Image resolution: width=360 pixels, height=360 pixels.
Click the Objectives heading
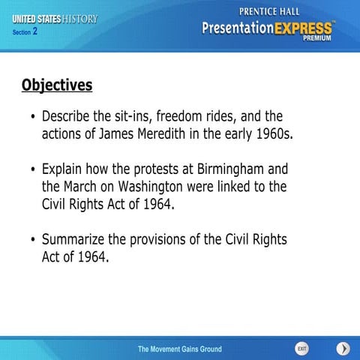pyautogui.click(x=57, y=85)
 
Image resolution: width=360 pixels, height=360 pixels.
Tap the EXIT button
pyautogui.click(x=301, y=349)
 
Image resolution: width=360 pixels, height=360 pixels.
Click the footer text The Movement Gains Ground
pyautogui.click(x=179, y=349)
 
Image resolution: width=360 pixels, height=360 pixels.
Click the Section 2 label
pyautogui.click(x=25, y=32)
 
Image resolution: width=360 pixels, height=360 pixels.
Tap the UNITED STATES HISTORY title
pyautogui.click(x=55, y=19)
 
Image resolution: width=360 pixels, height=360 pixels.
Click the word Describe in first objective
pyautogui.click(x=70, y=118)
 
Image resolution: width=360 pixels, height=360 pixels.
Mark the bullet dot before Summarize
pyautogui.click(x=32, y=241)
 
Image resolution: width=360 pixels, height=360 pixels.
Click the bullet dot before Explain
pyautogui.click(x=32, y=169)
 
